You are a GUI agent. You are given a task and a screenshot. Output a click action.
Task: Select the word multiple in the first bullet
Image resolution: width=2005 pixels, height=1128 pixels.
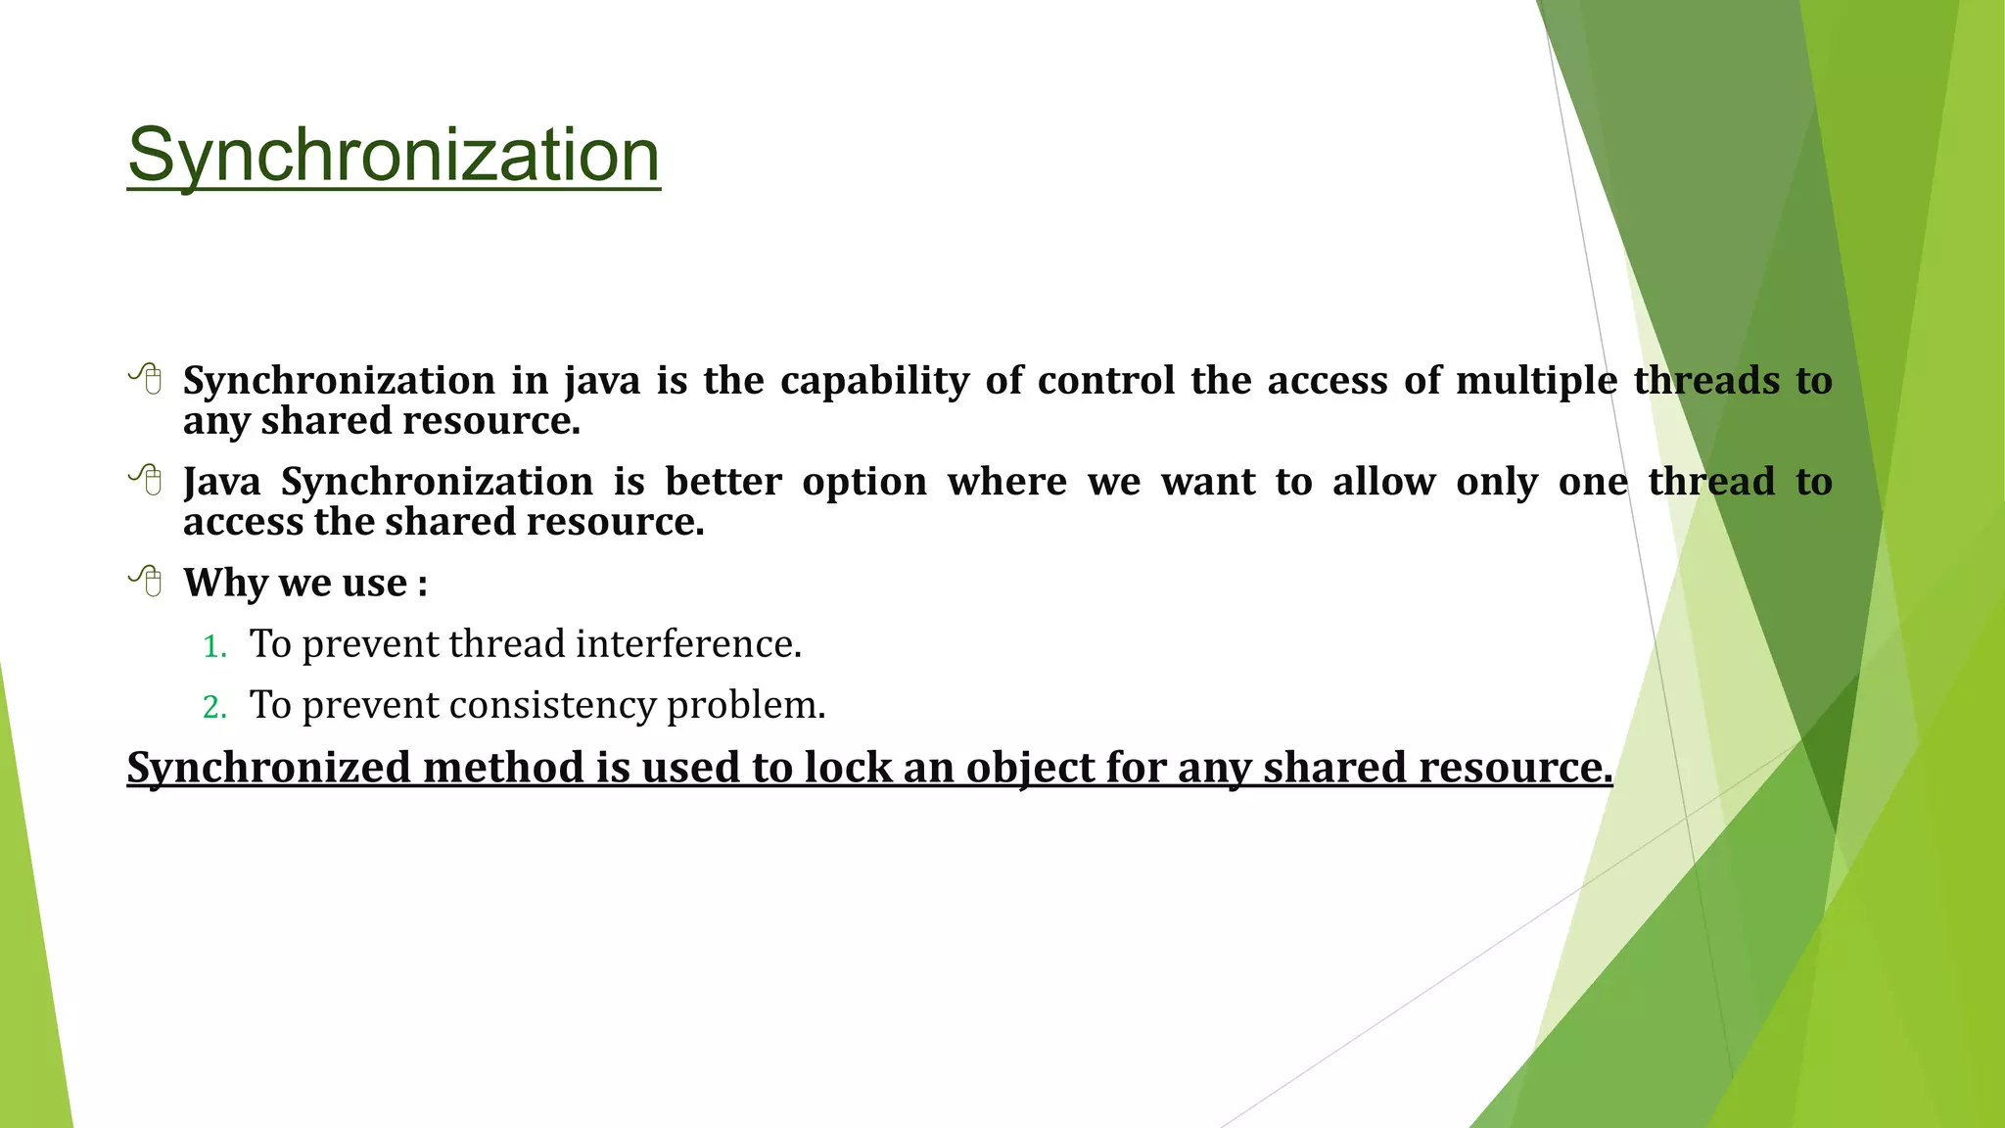coord(1536,381)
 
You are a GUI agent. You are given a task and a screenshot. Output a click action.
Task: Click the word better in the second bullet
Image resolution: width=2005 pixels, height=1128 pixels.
coord(723,482)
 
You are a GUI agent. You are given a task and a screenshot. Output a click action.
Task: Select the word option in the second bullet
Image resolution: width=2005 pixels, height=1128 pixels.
coord(864,482)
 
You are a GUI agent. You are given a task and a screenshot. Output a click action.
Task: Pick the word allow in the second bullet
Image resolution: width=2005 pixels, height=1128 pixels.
coord(1383,482)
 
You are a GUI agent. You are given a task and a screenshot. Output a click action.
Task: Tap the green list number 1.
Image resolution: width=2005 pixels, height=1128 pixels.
coord(214,646)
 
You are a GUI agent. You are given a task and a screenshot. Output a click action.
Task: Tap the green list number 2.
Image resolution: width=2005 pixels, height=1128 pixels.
coord(214,707)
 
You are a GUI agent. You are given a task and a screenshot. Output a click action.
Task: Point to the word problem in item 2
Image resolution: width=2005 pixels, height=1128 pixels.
coord(746,705)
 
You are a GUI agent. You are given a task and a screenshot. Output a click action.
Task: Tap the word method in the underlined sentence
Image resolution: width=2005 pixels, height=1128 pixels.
coord(503,767)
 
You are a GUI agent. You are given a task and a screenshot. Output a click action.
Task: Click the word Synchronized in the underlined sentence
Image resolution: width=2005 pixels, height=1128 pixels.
coord(268,767)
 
